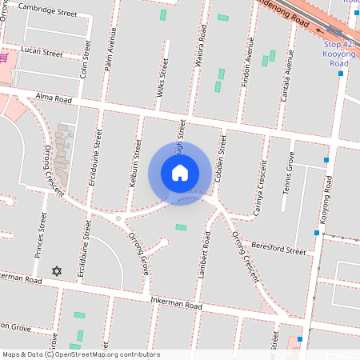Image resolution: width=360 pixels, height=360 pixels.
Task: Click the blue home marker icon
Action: pyautogui.click(x=180, y=174)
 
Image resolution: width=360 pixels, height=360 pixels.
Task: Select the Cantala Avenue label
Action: pyautogui.click(x=286, y=79)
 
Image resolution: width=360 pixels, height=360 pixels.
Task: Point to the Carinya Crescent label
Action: pyautogui.click(x=260, y=185)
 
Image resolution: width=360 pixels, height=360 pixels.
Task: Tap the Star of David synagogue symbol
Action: pyautogui.click(x=56, y=272)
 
